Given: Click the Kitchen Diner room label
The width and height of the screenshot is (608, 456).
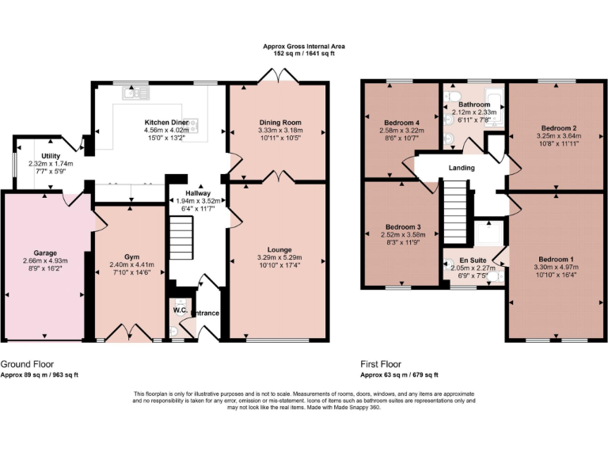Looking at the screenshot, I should (166, 123).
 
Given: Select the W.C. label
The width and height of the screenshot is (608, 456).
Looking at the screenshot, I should (180, 310).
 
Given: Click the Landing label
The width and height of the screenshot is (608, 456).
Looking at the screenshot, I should (462, 168).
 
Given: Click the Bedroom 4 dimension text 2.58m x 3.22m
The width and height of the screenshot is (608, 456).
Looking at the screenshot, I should (401, 132).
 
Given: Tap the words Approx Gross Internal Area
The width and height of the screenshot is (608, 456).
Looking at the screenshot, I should (303, 47).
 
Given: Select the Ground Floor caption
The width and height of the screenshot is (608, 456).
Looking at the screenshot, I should (26, 363).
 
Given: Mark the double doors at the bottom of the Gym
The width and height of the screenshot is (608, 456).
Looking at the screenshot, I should (130, 332).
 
